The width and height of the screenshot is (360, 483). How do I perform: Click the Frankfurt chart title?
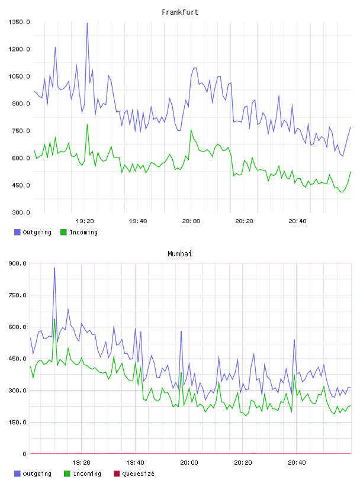coord(180,12)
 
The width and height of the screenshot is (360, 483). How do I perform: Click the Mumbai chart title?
coord(179,254)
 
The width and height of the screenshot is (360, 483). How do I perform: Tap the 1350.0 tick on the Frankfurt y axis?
coord(19,22)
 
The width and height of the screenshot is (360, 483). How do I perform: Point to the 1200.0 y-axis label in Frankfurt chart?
coord(19,49)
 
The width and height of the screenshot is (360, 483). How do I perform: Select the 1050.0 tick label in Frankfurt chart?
coord(19,76)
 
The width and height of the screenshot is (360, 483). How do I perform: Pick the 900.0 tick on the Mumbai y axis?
coord(18,263)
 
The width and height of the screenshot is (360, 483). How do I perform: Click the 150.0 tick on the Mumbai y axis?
coord(18,422)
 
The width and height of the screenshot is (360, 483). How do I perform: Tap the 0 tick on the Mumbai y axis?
coord(24,454)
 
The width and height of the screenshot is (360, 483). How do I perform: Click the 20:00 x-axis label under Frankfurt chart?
coord(191,221)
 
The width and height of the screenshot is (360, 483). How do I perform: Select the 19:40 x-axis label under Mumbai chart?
coord(135,463)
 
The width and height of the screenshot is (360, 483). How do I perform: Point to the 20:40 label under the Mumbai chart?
coord(297,463)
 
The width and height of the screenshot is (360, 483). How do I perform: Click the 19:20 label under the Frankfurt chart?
coord(85,221)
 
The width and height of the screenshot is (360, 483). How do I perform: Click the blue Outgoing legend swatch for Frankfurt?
coord(17,232)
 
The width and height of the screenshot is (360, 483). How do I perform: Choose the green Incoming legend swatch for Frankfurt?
coord(63,232)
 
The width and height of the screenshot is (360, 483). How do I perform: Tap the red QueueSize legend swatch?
coord(117,474)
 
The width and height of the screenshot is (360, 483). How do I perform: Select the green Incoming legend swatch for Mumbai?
coord(67,474)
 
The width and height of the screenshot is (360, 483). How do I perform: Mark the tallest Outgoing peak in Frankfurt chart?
coord(87,23)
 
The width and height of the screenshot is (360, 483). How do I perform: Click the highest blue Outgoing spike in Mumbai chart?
coord(54,268)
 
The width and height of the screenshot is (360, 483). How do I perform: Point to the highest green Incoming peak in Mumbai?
coord(54,319)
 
